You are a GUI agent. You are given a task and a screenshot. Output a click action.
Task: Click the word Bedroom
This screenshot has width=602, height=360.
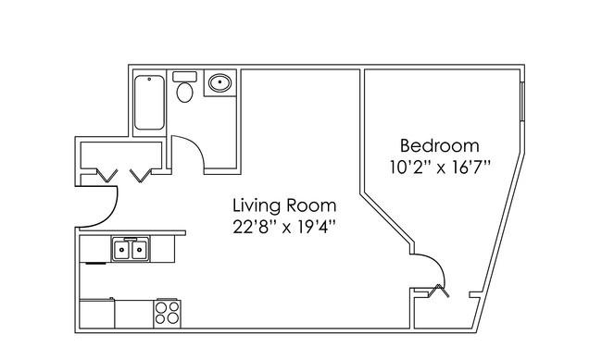[440, 146]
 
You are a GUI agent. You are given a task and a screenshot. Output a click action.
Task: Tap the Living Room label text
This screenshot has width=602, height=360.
[284, 205]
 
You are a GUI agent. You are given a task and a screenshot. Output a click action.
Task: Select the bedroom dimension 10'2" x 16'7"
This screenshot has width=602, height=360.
[440, 168]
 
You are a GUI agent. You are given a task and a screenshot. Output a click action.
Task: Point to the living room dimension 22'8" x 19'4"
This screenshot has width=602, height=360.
[284, 227]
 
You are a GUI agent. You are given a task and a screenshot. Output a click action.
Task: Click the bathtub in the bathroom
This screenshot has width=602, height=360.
[149, 102]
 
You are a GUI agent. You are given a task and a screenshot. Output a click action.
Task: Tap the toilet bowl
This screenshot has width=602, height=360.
[184, 93]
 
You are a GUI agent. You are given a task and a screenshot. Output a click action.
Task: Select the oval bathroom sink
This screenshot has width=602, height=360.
[219, 82]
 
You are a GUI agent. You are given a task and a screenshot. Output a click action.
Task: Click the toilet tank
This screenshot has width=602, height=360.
[184, 77]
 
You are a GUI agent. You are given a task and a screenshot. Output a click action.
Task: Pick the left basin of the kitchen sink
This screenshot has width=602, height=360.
[121, 249]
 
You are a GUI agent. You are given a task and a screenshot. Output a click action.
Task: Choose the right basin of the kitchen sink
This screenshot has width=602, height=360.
[140, 249]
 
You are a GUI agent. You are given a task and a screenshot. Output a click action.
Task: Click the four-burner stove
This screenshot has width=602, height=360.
[167, 313]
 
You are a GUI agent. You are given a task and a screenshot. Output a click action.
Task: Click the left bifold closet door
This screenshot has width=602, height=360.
[107, 175]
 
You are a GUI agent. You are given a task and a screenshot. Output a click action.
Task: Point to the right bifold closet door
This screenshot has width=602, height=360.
[141, 175]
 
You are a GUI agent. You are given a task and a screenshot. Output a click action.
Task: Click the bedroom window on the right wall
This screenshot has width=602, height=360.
[522, 101]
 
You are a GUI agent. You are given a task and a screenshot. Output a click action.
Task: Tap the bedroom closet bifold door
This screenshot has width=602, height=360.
[438, 291]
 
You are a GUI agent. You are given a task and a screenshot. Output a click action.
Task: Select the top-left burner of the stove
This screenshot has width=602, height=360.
[162, 307]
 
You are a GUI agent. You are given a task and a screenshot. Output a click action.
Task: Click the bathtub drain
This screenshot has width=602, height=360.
[149, 79]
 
